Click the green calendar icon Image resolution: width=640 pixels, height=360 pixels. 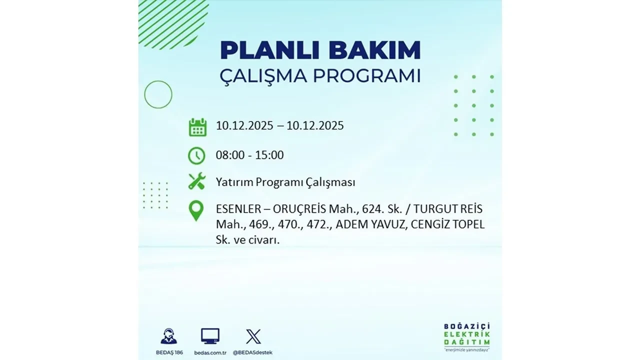click(197, 127)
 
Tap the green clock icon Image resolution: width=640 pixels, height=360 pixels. click(196, 155)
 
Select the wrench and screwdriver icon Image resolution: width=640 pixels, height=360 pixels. click(197, 181)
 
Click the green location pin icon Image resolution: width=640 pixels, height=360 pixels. click(196, 211)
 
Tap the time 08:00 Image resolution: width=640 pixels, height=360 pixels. click(230, 155)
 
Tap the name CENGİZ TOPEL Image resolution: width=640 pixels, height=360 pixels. click(448, 224)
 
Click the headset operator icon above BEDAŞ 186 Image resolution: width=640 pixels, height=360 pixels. click(168, 336)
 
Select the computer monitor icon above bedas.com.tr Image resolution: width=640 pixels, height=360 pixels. click(210, 335)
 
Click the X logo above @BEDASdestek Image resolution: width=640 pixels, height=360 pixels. click(253, 336)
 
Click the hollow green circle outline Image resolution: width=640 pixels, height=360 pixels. click(158, 94)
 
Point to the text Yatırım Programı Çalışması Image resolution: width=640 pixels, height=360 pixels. click(285, 182)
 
